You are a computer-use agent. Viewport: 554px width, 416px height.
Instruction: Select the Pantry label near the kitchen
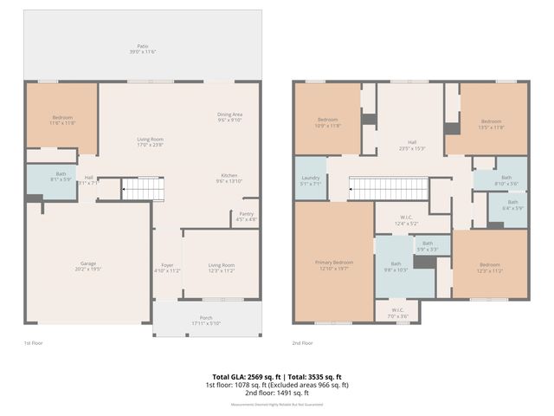(246, 218)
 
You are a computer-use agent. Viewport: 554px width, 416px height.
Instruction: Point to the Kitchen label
(229, 179)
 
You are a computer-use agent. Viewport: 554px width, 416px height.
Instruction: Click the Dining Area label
(229, 117)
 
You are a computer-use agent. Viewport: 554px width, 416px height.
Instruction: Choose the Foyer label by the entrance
(168, 268)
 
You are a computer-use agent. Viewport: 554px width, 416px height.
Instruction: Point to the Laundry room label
(310, 181)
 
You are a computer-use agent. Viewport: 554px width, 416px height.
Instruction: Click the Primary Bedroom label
(333, 265)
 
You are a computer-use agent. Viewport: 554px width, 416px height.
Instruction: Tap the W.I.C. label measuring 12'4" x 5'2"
(407, 220)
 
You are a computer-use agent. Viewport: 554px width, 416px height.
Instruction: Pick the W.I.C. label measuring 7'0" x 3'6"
(396, 312)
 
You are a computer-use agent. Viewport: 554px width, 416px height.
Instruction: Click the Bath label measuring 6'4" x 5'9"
(512, 205)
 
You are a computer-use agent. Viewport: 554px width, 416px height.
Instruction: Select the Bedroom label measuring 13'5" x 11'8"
(491, 124)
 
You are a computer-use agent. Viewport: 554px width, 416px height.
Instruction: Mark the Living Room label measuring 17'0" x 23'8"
(151, 141)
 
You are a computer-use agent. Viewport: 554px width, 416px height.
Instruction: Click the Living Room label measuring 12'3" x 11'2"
(222, 268)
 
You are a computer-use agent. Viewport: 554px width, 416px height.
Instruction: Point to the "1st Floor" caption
(32, 343)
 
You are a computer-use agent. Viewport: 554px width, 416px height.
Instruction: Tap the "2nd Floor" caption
(301, 343)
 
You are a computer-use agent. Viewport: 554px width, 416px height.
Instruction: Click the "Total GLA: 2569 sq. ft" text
(243, 377)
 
